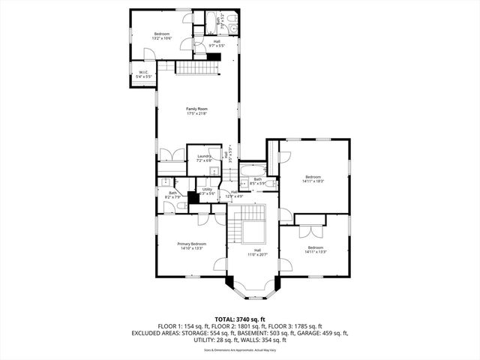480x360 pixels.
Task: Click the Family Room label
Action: point(196,109)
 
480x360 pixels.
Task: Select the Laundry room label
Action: point(204,156)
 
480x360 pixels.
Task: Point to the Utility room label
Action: point(207,190)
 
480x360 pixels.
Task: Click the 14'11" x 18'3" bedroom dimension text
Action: point(313,181)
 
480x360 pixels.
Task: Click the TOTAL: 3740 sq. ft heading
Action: point(240,319)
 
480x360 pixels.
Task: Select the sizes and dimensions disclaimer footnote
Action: point(240,349)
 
